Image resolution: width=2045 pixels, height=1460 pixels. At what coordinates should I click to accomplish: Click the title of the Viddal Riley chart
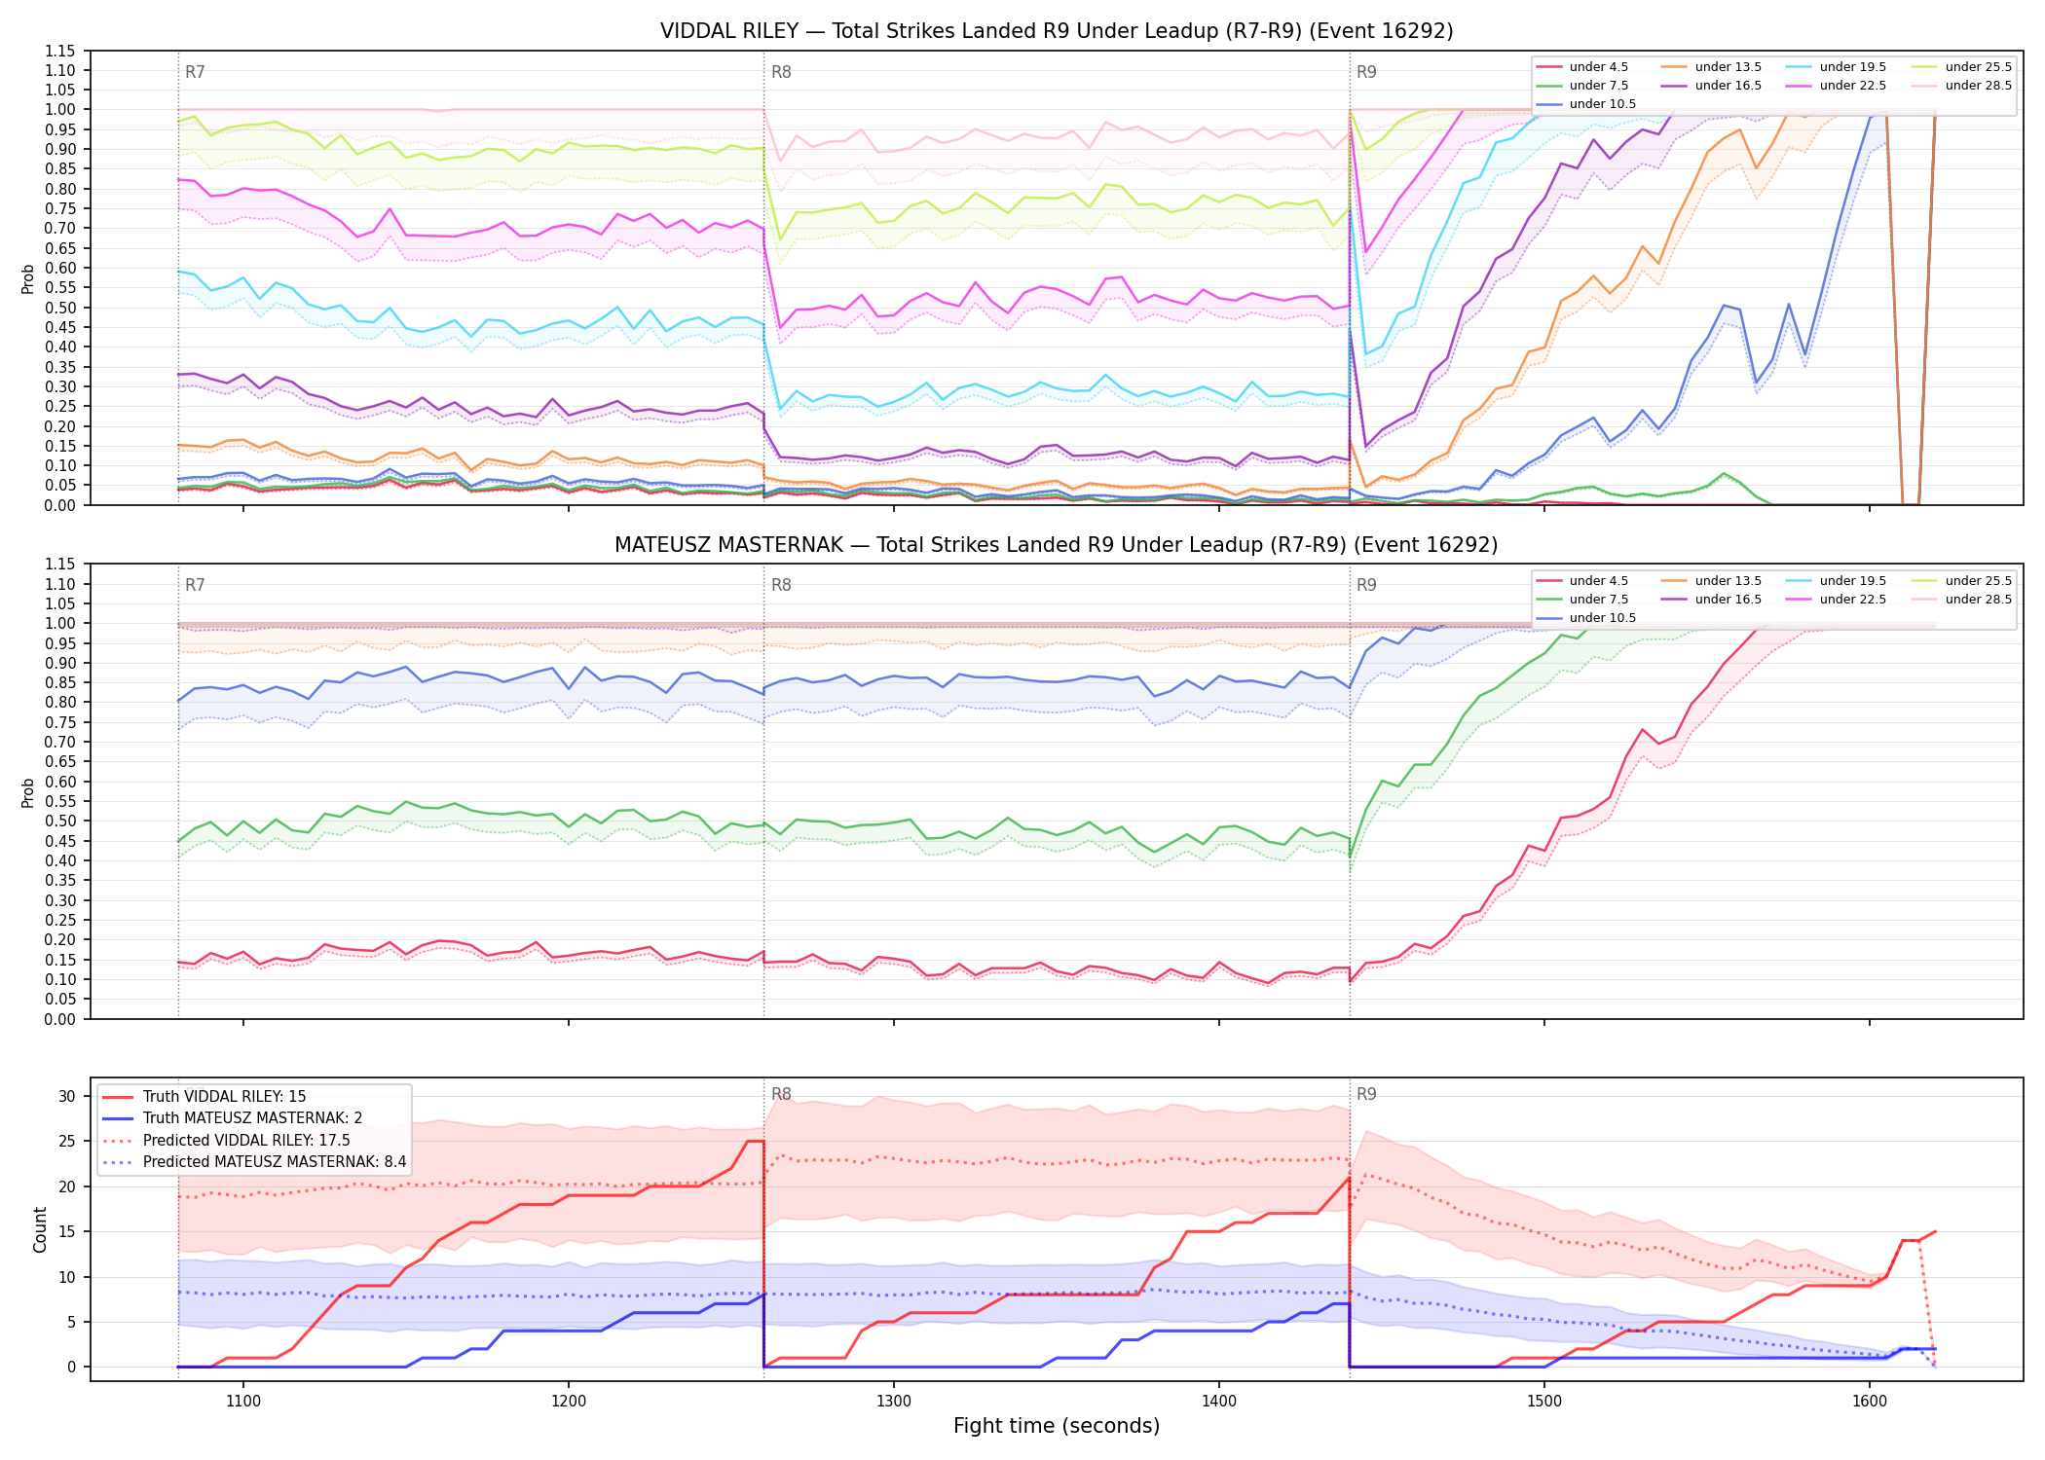[1057, 31]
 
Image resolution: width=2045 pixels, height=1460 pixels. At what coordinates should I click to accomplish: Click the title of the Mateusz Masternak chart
[1057, 545]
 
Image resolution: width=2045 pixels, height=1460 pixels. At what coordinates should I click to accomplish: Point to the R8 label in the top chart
[781, 72]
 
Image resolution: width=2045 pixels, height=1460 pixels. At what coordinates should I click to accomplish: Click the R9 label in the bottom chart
[1366, 1094]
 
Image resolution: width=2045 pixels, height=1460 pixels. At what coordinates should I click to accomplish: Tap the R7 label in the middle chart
[195, 585]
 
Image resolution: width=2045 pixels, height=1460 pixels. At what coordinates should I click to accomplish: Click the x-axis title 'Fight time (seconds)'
[1057, 1426]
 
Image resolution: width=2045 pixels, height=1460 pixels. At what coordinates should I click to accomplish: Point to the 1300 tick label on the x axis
[894, 1402]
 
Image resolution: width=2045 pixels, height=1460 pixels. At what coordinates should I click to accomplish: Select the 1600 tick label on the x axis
[1870, 1402]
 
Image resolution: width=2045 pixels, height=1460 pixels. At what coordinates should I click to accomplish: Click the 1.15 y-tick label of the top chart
[59, 51]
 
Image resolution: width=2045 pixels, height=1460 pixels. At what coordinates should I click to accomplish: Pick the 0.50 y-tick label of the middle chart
[59, 821]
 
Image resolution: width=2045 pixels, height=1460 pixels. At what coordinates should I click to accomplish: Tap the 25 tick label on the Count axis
[66, 1141]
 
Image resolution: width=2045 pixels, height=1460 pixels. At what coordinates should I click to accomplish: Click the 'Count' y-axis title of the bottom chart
[40, 1229]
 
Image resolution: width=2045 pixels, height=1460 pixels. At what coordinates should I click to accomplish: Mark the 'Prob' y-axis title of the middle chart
[28, 792]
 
